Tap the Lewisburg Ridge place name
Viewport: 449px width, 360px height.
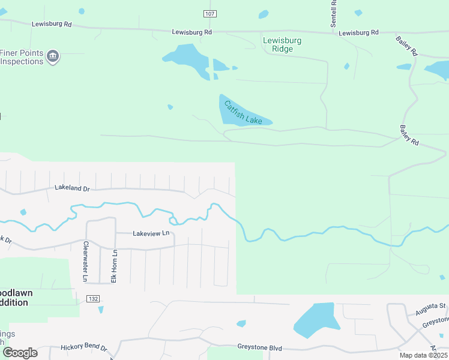282,44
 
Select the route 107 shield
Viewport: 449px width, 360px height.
209,14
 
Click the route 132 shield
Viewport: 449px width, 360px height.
92,299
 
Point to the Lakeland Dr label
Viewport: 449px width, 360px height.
71,188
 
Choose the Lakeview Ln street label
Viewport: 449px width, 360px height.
151,233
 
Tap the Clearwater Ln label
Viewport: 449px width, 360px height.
86,262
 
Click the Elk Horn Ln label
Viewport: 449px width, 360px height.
114,266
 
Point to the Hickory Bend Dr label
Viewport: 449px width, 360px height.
83,348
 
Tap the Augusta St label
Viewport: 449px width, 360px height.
430,307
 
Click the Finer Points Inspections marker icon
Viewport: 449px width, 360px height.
53,57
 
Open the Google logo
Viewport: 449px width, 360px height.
19,353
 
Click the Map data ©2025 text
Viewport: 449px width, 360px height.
423,355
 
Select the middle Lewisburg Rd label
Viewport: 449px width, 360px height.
191,32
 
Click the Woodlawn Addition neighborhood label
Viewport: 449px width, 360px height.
14,298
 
